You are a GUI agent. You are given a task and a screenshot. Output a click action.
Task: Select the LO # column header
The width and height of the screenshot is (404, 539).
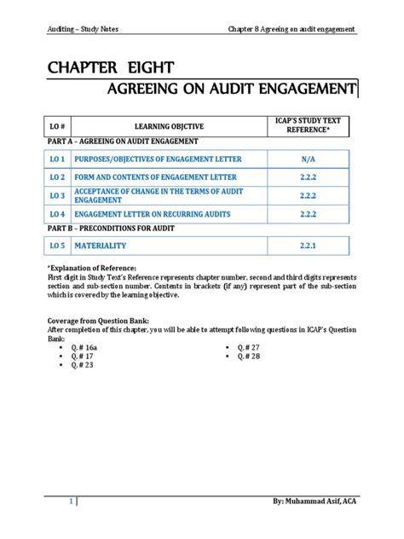pos(57,126)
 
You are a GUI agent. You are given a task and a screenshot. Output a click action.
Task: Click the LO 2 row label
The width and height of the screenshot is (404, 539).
pos(57,177)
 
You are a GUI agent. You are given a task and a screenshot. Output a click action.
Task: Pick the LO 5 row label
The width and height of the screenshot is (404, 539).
pos(57,246)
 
